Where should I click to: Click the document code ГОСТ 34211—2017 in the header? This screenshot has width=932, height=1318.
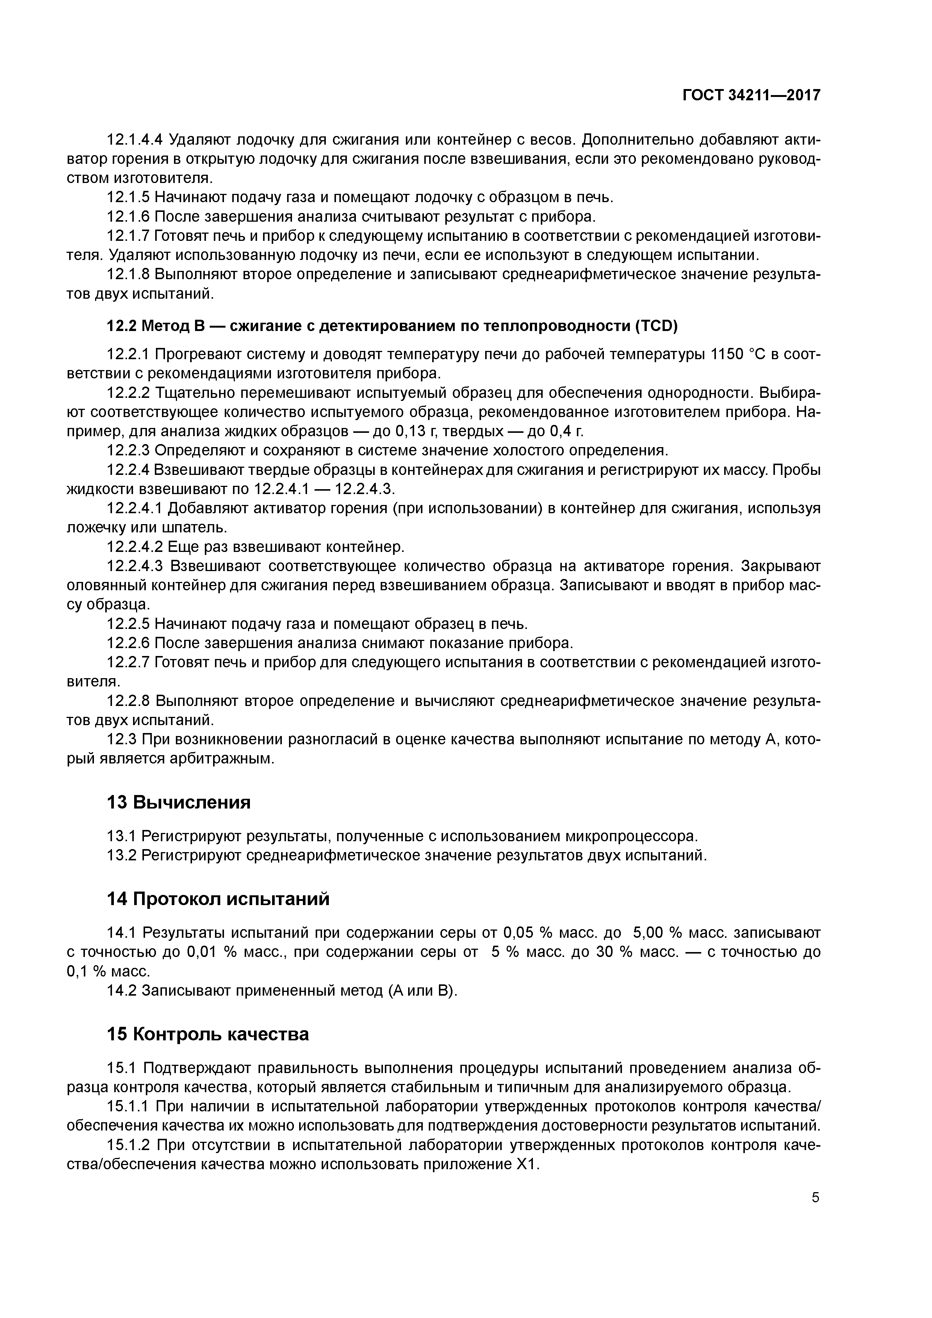tap(751, 95)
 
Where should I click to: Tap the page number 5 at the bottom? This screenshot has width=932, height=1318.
tap(815, 1197)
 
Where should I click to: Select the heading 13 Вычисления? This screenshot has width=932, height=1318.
tap(179, 802)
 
